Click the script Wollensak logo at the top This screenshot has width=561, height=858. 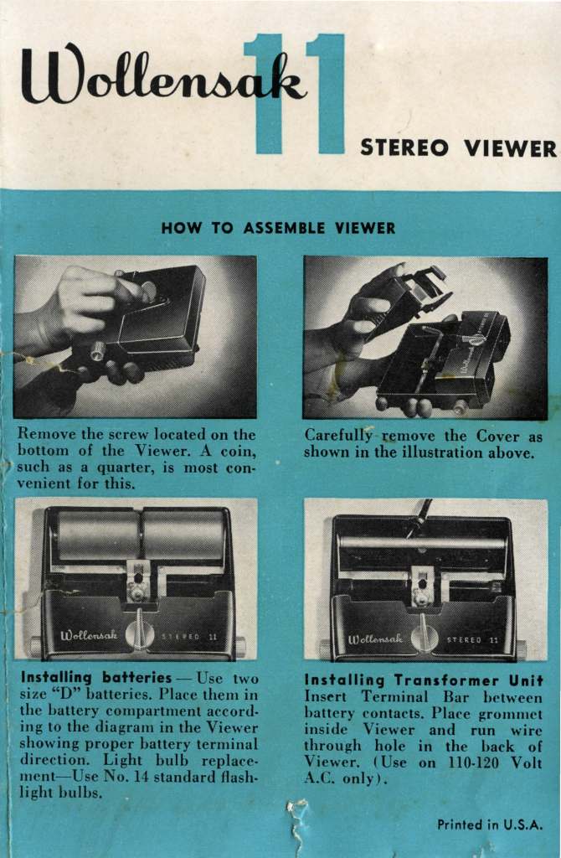pyautogui.click(x=163, y=76)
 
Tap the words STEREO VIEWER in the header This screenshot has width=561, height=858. pyautogui.click(x=458, y=147)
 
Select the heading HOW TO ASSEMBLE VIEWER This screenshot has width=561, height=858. pyautogui.click(x=278, y=228)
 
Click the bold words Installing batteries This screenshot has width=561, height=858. pyautogui.click(x=96, y=678)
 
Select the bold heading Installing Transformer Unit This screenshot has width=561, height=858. pyautogui.click(x=424, y=680)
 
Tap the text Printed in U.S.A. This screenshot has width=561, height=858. pyautogui.click(x=490, y=824)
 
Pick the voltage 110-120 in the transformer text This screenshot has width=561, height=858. pyautogui.click(x=474, y=762)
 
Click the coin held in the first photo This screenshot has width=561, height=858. pyautogui.click(x=147, y=291)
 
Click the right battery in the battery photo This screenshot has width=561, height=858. pyautogui.click(x=183, y=535)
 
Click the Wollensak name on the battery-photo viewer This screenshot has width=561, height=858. pyautogui.click(x=89, y=635)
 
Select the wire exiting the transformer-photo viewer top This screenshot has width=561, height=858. pyautogui.click(x=423, y=514)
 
